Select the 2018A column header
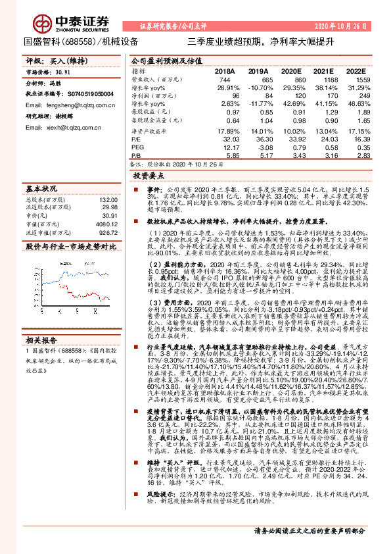224,70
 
